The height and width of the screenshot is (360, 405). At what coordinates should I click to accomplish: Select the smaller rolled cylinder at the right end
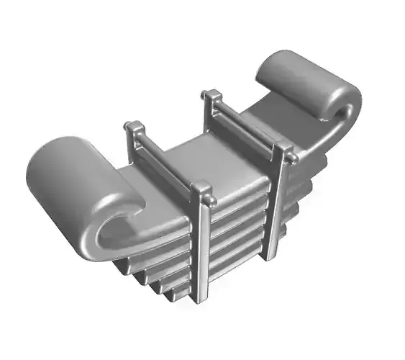[x=306, y=81]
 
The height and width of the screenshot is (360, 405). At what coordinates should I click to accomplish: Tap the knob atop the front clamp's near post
[x=204, y=191]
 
